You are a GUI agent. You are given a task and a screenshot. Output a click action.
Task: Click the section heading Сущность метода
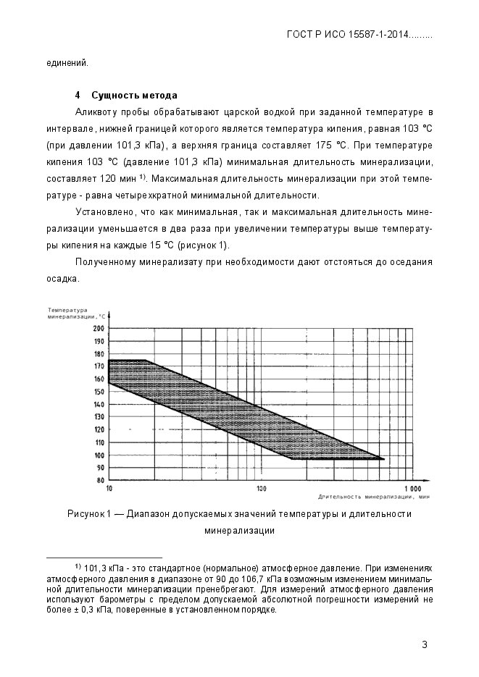[x=134, y=96]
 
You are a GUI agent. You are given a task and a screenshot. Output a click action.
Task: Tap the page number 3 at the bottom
[x=425, y=645]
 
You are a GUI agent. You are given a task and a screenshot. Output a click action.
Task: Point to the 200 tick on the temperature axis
[x=99, y=328]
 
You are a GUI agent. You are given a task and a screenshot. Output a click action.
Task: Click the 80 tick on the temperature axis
[x=101, y=480]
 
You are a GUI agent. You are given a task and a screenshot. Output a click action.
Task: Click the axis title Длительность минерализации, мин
[x=374, y=497]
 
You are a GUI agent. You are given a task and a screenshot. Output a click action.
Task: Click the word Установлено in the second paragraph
[x=104, y=211]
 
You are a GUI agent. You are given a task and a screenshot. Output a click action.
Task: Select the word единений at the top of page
[x=67, y=62]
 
